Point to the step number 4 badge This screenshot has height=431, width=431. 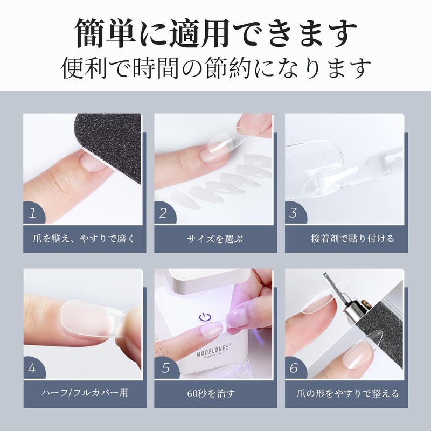(33, 369)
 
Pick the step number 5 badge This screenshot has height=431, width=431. (164, 369)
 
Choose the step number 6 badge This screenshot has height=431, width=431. (294, 369)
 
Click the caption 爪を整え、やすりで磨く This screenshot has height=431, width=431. (85, 238)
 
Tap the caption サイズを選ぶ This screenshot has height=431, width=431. (215, 238)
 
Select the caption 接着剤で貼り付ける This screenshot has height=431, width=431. (345, 238)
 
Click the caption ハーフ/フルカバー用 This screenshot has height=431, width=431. (85, 394)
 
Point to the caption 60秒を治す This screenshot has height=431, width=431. (215, 394)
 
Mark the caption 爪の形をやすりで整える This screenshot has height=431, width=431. (345, 394)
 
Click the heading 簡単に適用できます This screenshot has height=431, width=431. (215, 33)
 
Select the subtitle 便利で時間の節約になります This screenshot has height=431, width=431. (215, 68)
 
